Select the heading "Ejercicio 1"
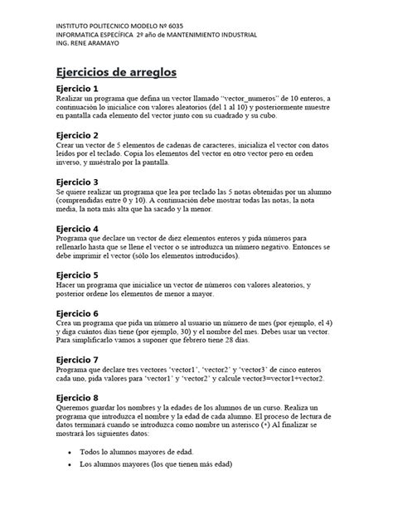point(77,89)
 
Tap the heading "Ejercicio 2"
point(77,135)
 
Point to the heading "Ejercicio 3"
point(77,182)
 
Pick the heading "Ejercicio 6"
point(77,313)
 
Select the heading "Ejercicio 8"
point(77,398)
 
